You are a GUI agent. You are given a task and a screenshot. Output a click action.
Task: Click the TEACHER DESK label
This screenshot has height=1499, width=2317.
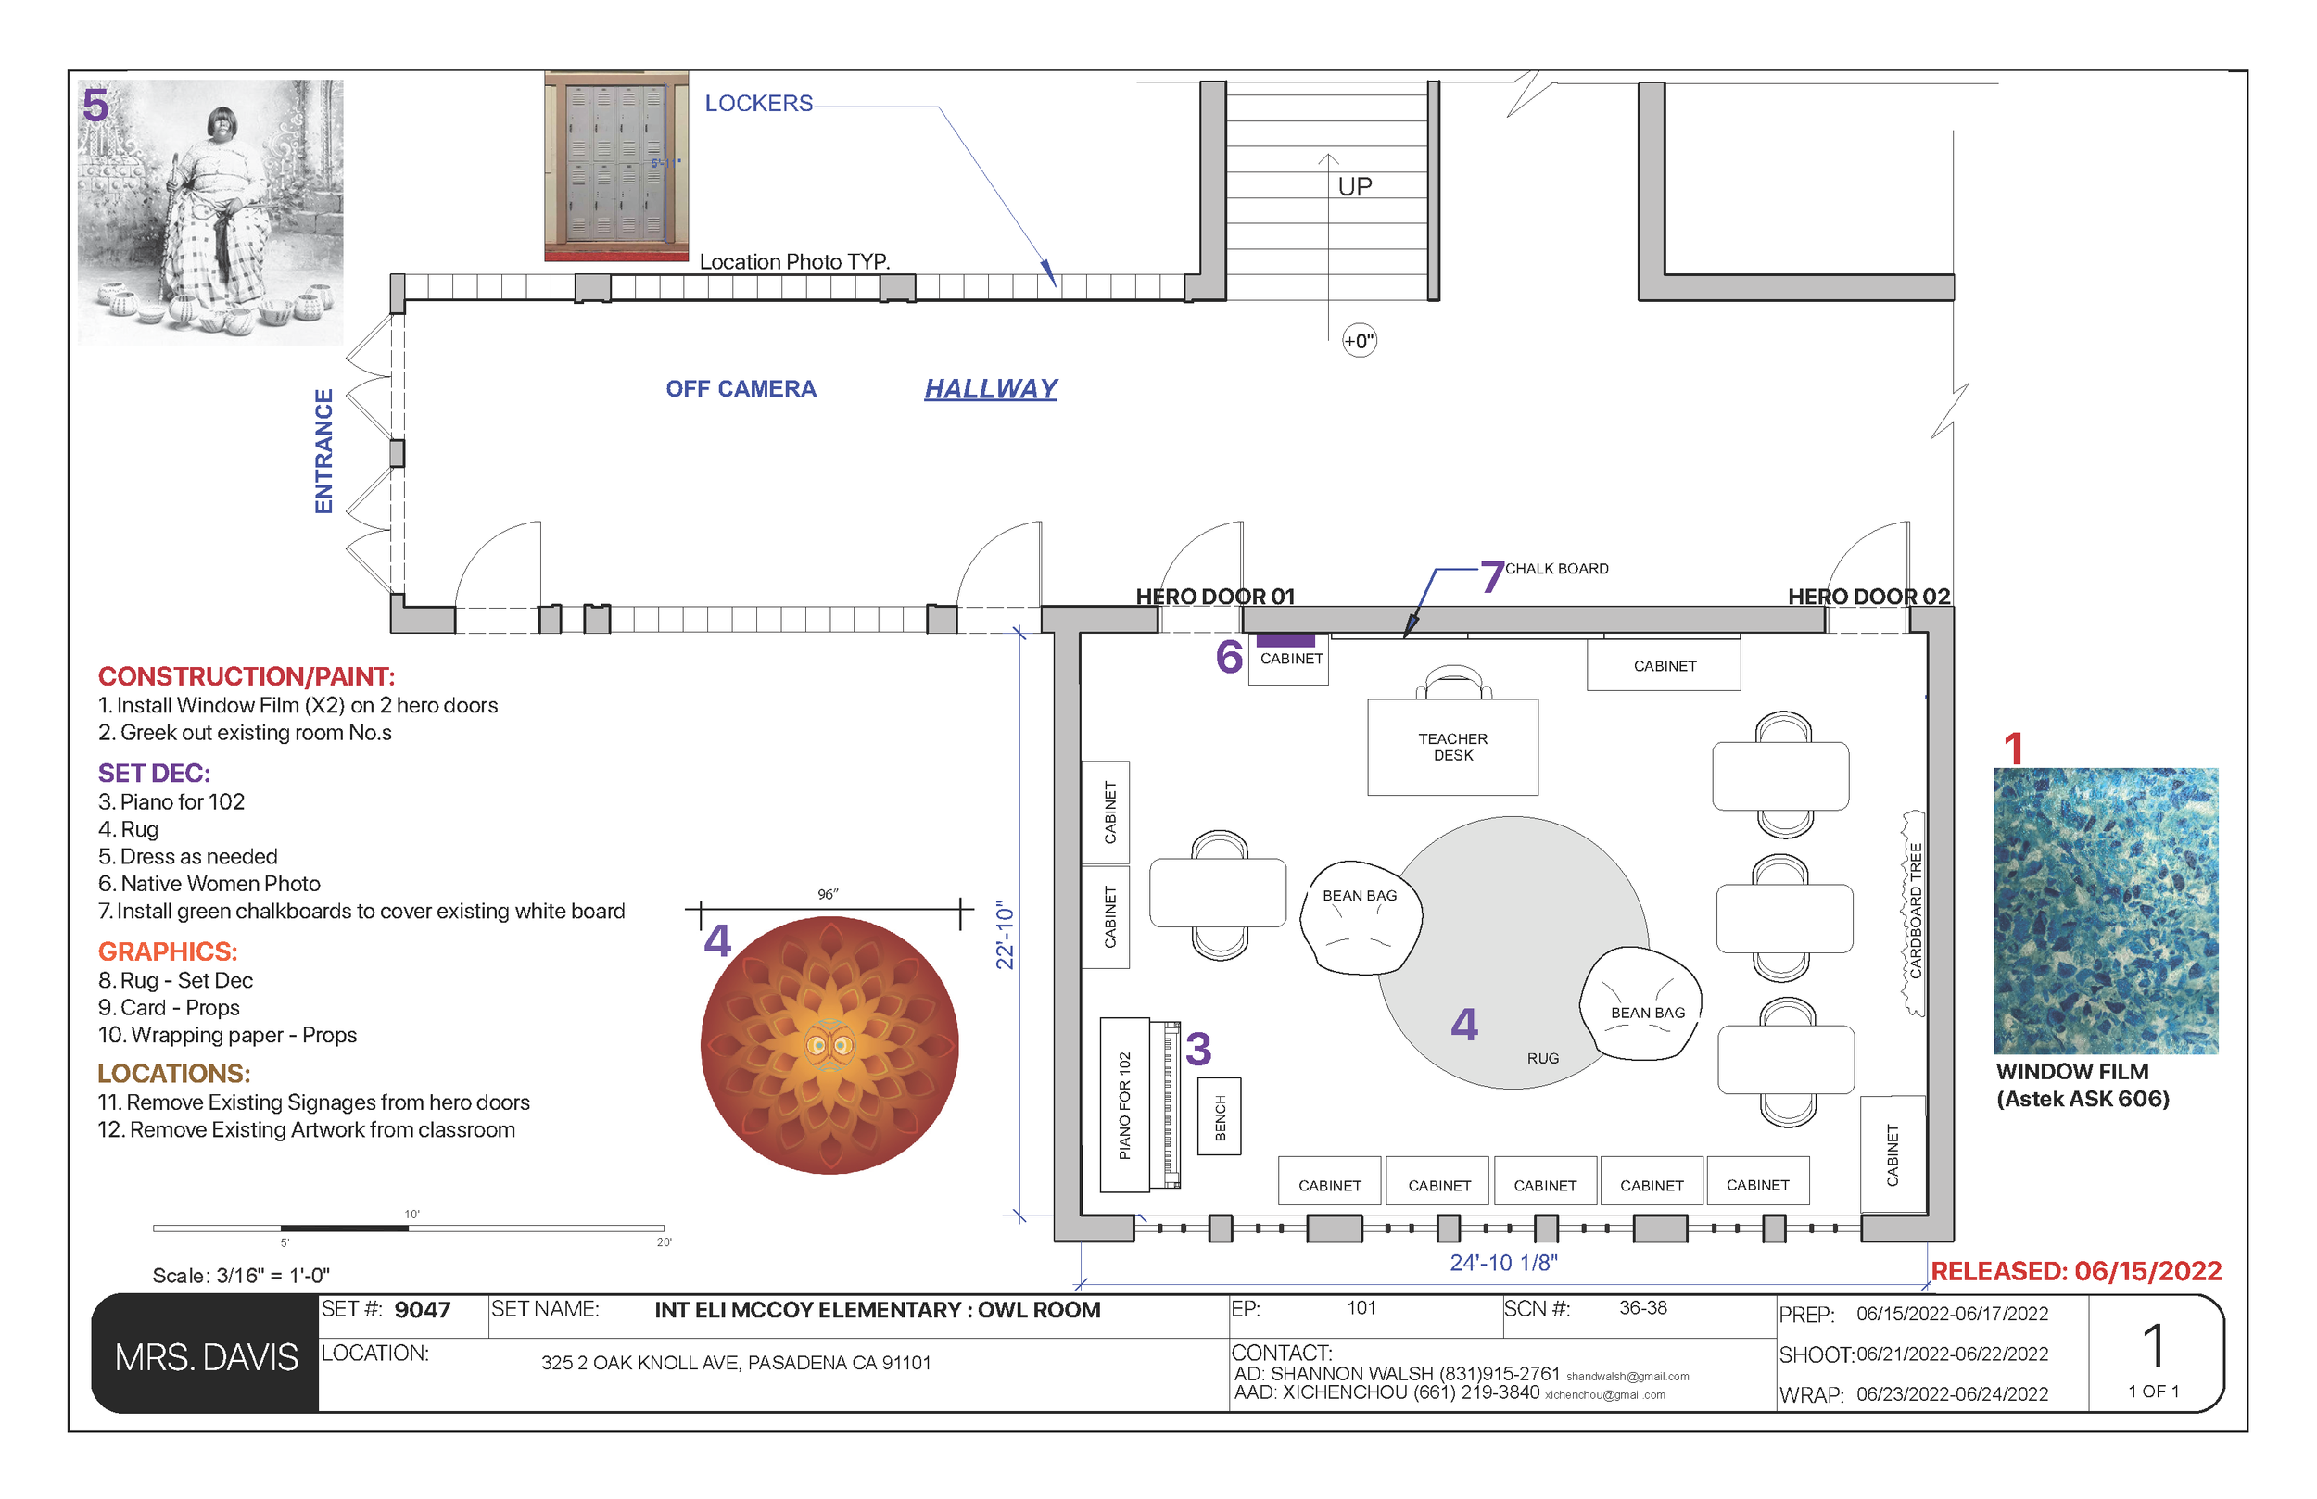(1452, 747)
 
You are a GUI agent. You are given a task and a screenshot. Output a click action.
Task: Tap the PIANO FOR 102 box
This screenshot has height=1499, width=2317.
(1124, 1104)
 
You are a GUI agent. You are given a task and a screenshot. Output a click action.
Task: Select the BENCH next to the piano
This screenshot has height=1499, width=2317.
(1219, 1116)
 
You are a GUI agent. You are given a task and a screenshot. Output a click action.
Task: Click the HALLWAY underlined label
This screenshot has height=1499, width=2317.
(990, 388)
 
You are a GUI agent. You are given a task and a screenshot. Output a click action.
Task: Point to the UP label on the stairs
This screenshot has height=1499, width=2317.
(1354, 186)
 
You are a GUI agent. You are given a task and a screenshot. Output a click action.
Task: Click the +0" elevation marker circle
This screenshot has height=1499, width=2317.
(1359, 341)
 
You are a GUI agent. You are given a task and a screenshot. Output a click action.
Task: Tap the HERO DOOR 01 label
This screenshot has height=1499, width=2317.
(1215, 596)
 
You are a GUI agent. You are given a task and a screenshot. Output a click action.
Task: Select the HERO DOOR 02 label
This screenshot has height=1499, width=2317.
(1868, 596)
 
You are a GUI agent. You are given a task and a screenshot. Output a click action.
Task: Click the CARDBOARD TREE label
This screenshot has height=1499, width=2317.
(1915, 911)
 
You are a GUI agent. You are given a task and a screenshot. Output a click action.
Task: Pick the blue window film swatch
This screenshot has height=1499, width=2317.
(2105, 910)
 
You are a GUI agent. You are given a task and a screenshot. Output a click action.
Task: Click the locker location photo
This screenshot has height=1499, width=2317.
(616, 166)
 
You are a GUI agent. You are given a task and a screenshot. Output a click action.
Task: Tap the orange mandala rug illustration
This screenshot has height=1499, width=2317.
(829, 1044)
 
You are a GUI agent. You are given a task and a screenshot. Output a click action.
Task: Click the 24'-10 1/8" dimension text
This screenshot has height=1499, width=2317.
(1503, 1263)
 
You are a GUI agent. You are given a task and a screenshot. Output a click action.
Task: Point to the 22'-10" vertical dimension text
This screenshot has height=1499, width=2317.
(1005, 935)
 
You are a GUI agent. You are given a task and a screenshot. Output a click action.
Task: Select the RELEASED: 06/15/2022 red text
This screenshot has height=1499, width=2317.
(2075, 1270)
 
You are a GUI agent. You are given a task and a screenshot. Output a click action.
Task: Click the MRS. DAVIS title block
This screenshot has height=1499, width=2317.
(206, 1356)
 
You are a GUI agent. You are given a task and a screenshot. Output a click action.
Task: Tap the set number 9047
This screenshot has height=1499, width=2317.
(422, 1310)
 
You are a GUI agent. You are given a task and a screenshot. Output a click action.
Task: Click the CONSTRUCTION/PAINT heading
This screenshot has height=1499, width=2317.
(247, 675)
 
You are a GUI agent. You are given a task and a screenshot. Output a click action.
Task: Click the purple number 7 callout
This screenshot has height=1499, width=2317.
(1491, 576)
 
